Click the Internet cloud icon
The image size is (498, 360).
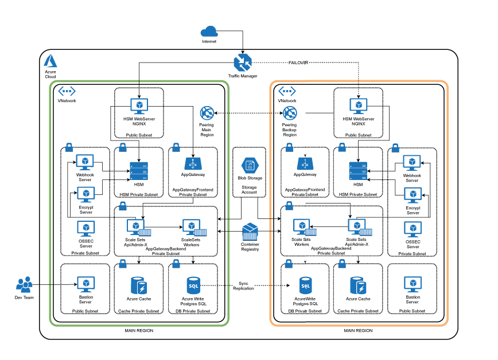(x=209, y=32)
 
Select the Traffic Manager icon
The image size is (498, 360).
(x=242, y=63)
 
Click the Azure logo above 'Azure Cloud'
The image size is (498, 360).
(x=50, y=60)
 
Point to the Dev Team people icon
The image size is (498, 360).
(x=24, y=284)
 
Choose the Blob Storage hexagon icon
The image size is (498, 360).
(x=250, y=166)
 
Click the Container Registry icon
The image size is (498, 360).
(x=250, y=233)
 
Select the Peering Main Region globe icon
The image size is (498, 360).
(x=207, y=113)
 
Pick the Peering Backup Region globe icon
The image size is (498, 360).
(x=290, y=113)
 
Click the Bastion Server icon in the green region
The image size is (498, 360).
(x=85, y=284)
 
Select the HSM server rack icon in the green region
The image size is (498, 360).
(x=139, y=170)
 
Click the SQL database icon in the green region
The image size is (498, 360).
(x=193, y=285)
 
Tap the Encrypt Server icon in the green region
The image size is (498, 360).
(x=85, y=195)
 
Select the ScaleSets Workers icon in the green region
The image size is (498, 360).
(x=190, y=228)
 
